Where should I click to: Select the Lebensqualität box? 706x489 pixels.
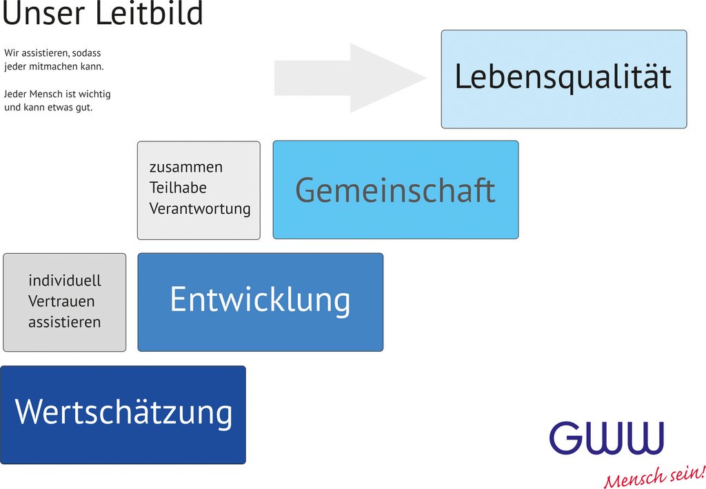(563, 79)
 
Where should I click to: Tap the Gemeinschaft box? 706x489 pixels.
(395, 190)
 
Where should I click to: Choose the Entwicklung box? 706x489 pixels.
(260, 301)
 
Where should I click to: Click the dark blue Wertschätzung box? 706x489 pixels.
(123, 414)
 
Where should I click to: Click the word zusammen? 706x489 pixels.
(186, 168)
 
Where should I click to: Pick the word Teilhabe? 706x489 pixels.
(178, 188)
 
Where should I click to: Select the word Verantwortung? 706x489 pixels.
(200, 208)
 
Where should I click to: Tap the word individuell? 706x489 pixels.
(65, 281)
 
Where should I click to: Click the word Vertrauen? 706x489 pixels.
(61, 301)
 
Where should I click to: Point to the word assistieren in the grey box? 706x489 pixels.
(64, 322)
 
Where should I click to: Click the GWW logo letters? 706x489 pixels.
(607, 439)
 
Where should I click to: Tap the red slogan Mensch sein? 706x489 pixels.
(654, 477)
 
